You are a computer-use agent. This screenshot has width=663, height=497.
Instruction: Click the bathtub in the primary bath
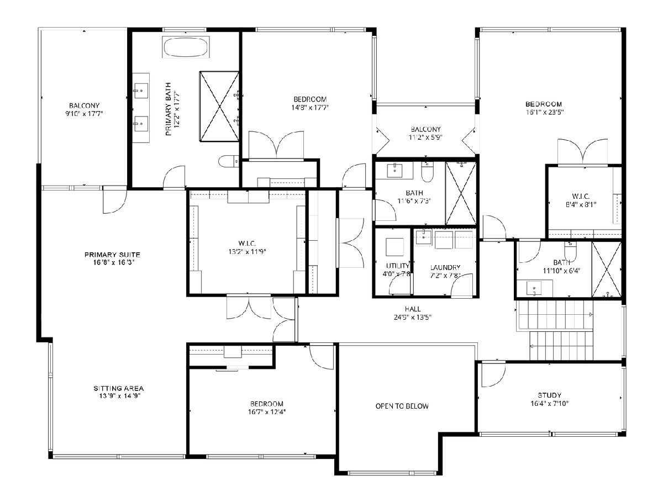coord(186,47)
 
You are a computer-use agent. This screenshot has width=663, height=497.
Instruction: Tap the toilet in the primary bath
coord(228,161)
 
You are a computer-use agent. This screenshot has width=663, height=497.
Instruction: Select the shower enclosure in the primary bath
coord(219,106)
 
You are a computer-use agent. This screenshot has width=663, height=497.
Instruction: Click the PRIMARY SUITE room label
coord(112,255)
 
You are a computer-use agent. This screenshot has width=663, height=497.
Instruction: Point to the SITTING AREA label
coord(118,388)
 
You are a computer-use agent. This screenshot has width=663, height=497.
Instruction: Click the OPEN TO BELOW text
coord(402,406)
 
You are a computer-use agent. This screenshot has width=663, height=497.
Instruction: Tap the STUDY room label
coord(549,395)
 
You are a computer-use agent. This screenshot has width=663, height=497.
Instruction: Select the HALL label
coord(413,309)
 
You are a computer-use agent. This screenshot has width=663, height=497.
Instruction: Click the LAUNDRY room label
coord(445,267)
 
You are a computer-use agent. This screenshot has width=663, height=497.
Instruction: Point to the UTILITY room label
coord(397,266)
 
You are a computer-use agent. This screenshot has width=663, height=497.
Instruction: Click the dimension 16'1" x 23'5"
coord(544,112)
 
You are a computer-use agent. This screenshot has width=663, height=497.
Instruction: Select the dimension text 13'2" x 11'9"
coord(247,251)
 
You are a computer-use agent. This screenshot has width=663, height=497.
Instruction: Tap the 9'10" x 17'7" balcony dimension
coord(85,113)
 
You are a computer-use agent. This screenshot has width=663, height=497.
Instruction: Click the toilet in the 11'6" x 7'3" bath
coord(427,172)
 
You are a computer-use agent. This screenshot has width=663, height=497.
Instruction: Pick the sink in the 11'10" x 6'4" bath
coord(534,288)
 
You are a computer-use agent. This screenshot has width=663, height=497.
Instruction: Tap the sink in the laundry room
coord(423,237)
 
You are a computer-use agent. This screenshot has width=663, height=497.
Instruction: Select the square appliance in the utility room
coord(394,247)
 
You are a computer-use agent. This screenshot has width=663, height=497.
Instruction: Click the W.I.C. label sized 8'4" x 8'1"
coord(581,196)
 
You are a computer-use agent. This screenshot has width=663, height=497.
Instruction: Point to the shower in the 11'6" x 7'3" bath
coord(461,193)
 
